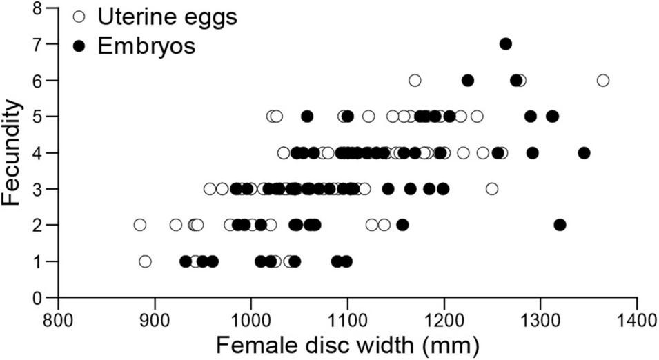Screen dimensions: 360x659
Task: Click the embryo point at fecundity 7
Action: click(x=505, y=44)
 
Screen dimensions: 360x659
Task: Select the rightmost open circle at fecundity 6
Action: click(x=603, y=81)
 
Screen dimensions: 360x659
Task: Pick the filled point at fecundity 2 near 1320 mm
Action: click(x=560, y=225)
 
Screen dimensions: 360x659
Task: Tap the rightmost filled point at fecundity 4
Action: click(x=584, y=152)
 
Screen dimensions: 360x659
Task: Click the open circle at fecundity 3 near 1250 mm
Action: click(x=492, y=188)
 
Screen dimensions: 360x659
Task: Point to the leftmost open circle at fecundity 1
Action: click(x=145, y=261)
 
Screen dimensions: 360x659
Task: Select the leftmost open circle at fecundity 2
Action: click(x=140, y=225)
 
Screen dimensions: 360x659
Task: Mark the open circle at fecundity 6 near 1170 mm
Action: click(x=415, y=81)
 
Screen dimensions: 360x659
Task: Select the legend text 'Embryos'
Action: click(x=146, y=46)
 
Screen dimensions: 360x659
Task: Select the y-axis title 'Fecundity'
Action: click(x=12, y=153)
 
